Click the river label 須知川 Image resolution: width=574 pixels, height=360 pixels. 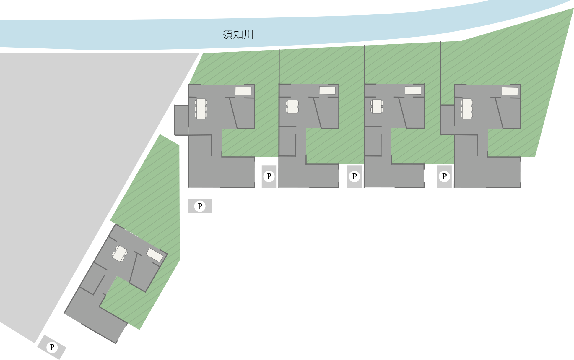tap(238, 35)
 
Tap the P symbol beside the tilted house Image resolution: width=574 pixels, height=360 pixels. tap(52, 347)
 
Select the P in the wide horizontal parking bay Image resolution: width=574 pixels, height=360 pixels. tap(200, 206)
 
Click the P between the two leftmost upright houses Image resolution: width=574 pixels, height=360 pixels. tap(269, 176)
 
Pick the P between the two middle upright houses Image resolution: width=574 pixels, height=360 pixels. tap(355, 176)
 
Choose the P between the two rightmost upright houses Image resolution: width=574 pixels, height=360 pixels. tap(444, 176)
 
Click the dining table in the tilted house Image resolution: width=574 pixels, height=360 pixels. tap(120, 254)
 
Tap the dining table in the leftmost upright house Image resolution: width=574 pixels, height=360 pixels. tap(201, 109)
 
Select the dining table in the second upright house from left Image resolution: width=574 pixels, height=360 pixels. tap(292, 107)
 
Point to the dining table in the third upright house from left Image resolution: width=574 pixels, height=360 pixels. tap(377, 106)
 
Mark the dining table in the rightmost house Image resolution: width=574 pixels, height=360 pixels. tap(466, 108)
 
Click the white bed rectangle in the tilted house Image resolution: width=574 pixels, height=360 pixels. tap(155, 255)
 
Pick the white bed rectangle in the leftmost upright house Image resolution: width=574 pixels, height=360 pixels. tap(243, 91)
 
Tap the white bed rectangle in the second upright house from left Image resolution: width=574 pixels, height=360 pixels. tap(327, 90)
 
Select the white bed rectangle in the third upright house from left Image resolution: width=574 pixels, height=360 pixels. tap(413, 90)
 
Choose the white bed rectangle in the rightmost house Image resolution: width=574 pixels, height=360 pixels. tap(510, 91)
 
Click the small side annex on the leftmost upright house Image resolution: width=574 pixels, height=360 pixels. tap(181, 120)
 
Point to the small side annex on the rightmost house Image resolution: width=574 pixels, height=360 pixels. tap(447, 119)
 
